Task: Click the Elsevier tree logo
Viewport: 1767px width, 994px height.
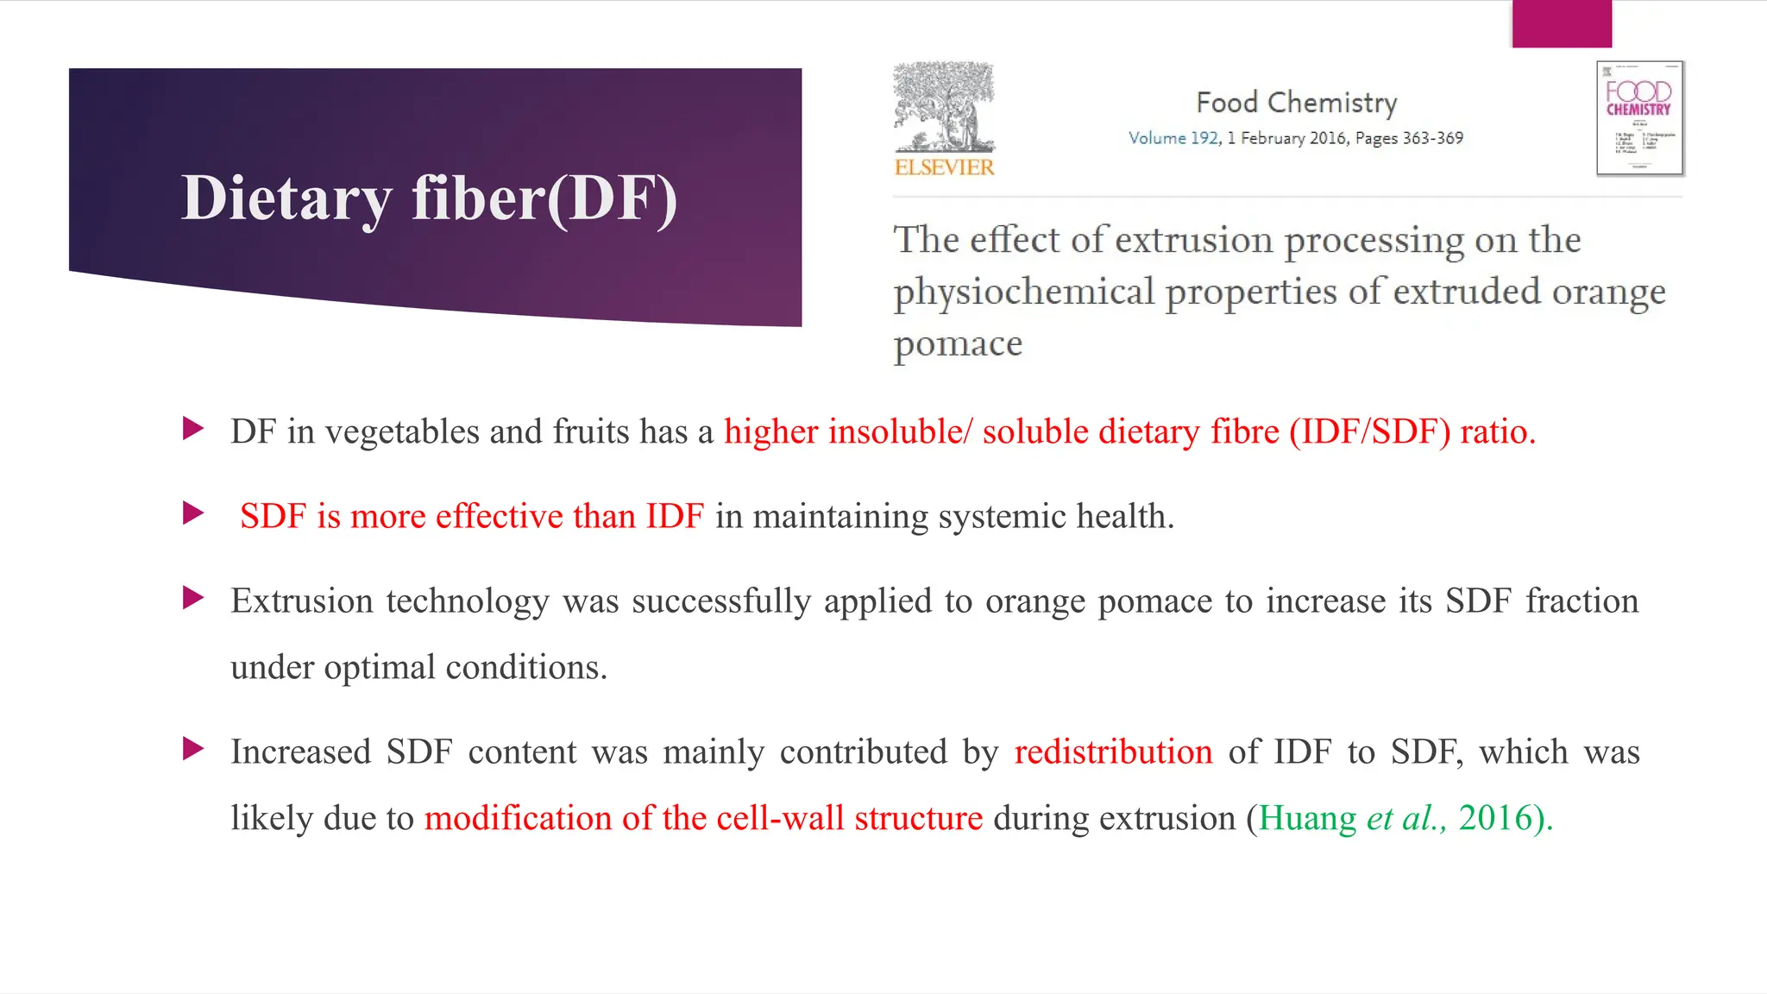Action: (x=944, y=107)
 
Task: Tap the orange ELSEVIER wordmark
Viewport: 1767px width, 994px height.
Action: (x=944, y=167)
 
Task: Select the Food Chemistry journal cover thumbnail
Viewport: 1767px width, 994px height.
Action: (x=1639, y=118)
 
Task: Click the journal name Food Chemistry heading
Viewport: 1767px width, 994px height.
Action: (x=1296, y=103)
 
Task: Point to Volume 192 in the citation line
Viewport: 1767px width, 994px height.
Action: (x=1173, y=138)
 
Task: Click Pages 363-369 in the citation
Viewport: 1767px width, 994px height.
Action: (x=1409, y=138)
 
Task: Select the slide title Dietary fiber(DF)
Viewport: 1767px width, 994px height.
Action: (x=429, y=198)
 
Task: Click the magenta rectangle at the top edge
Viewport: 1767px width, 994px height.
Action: (x=1562, y=23)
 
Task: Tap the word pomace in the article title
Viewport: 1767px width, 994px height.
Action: (x=958, y=344)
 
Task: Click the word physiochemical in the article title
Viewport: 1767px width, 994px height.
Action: (x=1023, y=293)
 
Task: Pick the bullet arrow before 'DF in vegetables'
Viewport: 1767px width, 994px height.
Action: (x=193, y=428)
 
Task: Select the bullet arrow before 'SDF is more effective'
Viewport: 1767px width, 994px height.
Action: (x=193, y=513)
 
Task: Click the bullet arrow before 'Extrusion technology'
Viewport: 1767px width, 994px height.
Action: (x=193, y=597)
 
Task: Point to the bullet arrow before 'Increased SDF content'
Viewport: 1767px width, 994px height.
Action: (x=193, y=749)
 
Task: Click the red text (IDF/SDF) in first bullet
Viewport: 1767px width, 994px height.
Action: (x=1369, y=431)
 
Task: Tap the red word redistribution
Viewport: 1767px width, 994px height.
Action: (x=1113, y=752)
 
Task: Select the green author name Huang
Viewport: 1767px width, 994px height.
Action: (x=1306, y=818)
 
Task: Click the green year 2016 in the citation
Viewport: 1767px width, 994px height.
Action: (x=1494, y=818)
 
